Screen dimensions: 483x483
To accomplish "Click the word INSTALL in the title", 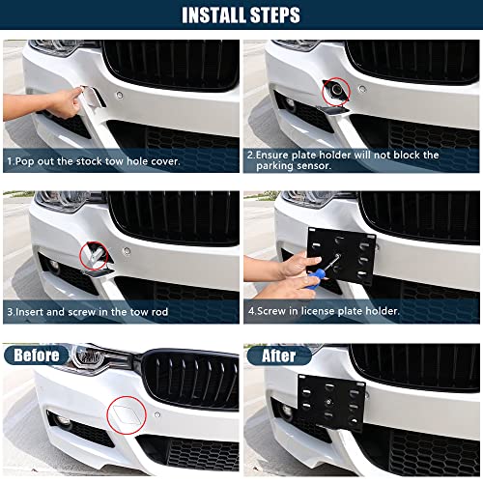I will point(210,15).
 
